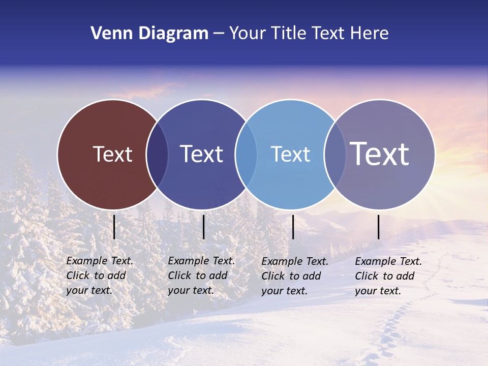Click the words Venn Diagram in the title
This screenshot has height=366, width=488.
pyautogui.click(x=149, y=34)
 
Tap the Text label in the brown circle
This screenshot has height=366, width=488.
pyautogui.click(x=112, y=154)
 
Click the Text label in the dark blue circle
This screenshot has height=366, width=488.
pyautogui.click(x=201, y=154)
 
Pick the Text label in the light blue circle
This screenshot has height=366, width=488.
pyautogui.click(x=290, y=154)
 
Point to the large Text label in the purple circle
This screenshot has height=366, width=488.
pyautogui.click(x=380, y=154)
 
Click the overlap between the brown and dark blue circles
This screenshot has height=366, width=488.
pyautogui.click(x=157, y=154)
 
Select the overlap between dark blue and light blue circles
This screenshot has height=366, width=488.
pyautogui.click(x=246, y=154)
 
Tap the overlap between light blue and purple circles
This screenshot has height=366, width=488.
pyautogui.click(x=334, y=154)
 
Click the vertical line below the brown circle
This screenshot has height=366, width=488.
pyautogui.click(x=114, y=227)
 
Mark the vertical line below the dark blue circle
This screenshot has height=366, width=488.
pyautogui.click(x=203, y=227)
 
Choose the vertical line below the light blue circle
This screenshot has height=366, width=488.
pyautogui.click(x=293, y=227)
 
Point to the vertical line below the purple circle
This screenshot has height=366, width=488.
pyautogui.click(x=379, y=227)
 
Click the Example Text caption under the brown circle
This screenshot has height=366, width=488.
pyautogui.click(x=100, y=276)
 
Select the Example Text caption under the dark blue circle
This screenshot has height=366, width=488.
pyautogui.click(x=201, y=276)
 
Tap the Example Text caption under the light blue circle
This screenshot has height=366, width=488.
pyautogui.click(x=295, y=276)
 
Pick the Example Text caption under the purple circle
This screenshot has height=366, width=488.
pyautogui.click(x=388, y=276)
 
